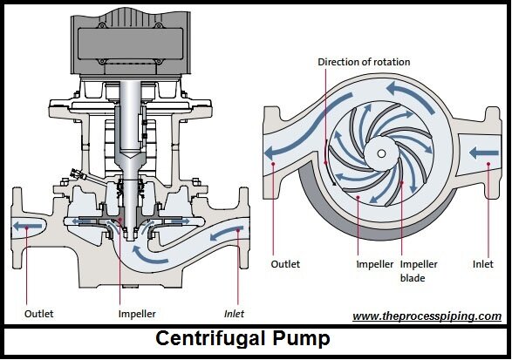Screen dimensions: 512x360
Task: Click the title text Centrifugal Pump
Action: pyautogui.click(x=242, y=339)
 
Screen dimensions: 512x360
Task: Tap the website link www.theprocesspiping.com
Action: pyautogui.click(x=427, y=316)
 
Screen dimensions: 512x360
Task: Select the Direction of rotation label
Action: pyautogui.click(x=364, y=62)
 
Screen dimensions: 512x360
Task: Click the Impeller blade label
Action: pyautogui.click(x=419, y=271)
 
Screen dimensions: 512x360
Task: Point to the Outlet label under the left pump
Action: pyautogui.click(x=39, y=314)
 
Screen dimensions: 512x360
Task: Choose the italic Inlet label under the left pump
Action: pyautogui.click(x=234, y=314)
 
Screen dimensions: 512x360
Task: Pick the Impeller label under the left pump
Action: pyautogui.click(x=137, y=314)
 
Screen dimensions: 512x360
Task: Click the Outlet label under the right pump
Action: pyautogui.click(x=285, y=264)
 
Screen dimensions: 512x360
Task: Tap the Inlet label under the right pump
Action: pyautogui.click(x=483, y=264)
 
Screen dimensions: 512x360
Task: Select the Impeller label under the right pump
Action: pyautogui.click(x=374, y=264)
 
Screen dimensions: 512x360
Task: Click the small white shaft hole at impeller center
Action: pyautogui.click(x=381, y=153)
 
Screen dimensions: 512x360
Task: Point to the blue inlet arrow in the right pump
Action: pyautogui.click(x=483, y=153)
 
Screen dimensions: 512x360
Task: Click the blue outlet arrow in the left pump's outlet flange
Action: pyautogui.click(x=27, y=226)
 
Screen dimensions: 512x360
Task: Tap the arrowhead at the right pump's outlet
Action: pyautogui.click(x=270, y=153)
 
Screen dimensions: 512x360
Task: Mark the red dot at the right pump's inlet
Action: pyautogui.click(x=488, y=164)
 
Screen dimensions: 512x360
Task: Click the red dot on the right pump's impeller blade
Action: pyautogui.click(x=402, y=182)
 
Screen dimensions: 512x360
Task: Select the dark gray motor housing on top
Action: pyautogui.click(x=131, y=42)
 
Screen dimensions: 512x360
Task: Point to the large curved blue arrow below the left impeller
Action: pyautogui.click(x=148, y=256)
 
